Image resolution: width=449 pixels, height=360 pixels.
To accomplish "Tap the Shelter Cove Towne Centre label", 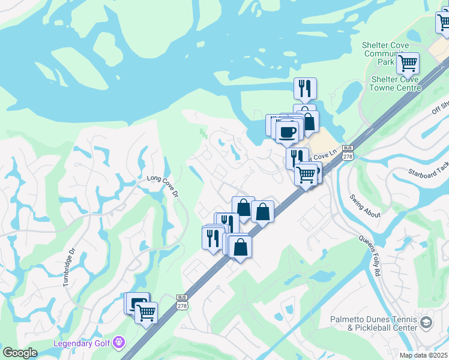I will pyautogui.click(x=396, y=83).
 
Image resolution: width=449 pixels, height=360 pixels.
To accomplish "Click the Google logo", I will pyautogui.click(x=20, y=353).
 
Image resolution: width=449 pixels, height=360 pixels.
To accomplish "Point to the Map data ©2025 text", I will pyautogui.click(x=424, y=355).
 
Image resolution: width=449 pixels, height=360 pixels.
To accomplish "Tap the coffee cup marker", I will pyautogui.click(x=288, y=131).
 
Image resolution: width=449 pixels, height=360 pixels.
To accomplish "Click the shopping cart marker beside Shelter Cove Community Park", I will pyautogui.click(x=408, y=62).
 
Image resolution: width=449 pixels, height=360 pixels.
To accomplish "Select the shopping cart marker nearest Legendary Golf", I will pyautogui.click(x=146, y=312).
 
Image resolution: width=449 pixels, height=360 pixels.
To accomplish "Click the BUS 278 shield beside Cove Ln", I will pyautogui.click(x=347, y=152).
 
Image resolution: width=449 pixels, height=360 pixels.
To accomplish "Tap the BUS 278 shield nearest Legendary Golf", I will pyautogui.click(x=182, y=302).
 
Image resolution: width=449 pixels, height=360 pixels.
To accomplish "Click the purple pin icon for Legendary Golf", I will pyautogui.click(x=119, y=343).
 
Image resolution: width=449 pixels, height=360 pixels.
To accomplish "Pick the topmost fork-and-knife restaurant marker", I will pyautogui.click(x=305, y=88).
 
